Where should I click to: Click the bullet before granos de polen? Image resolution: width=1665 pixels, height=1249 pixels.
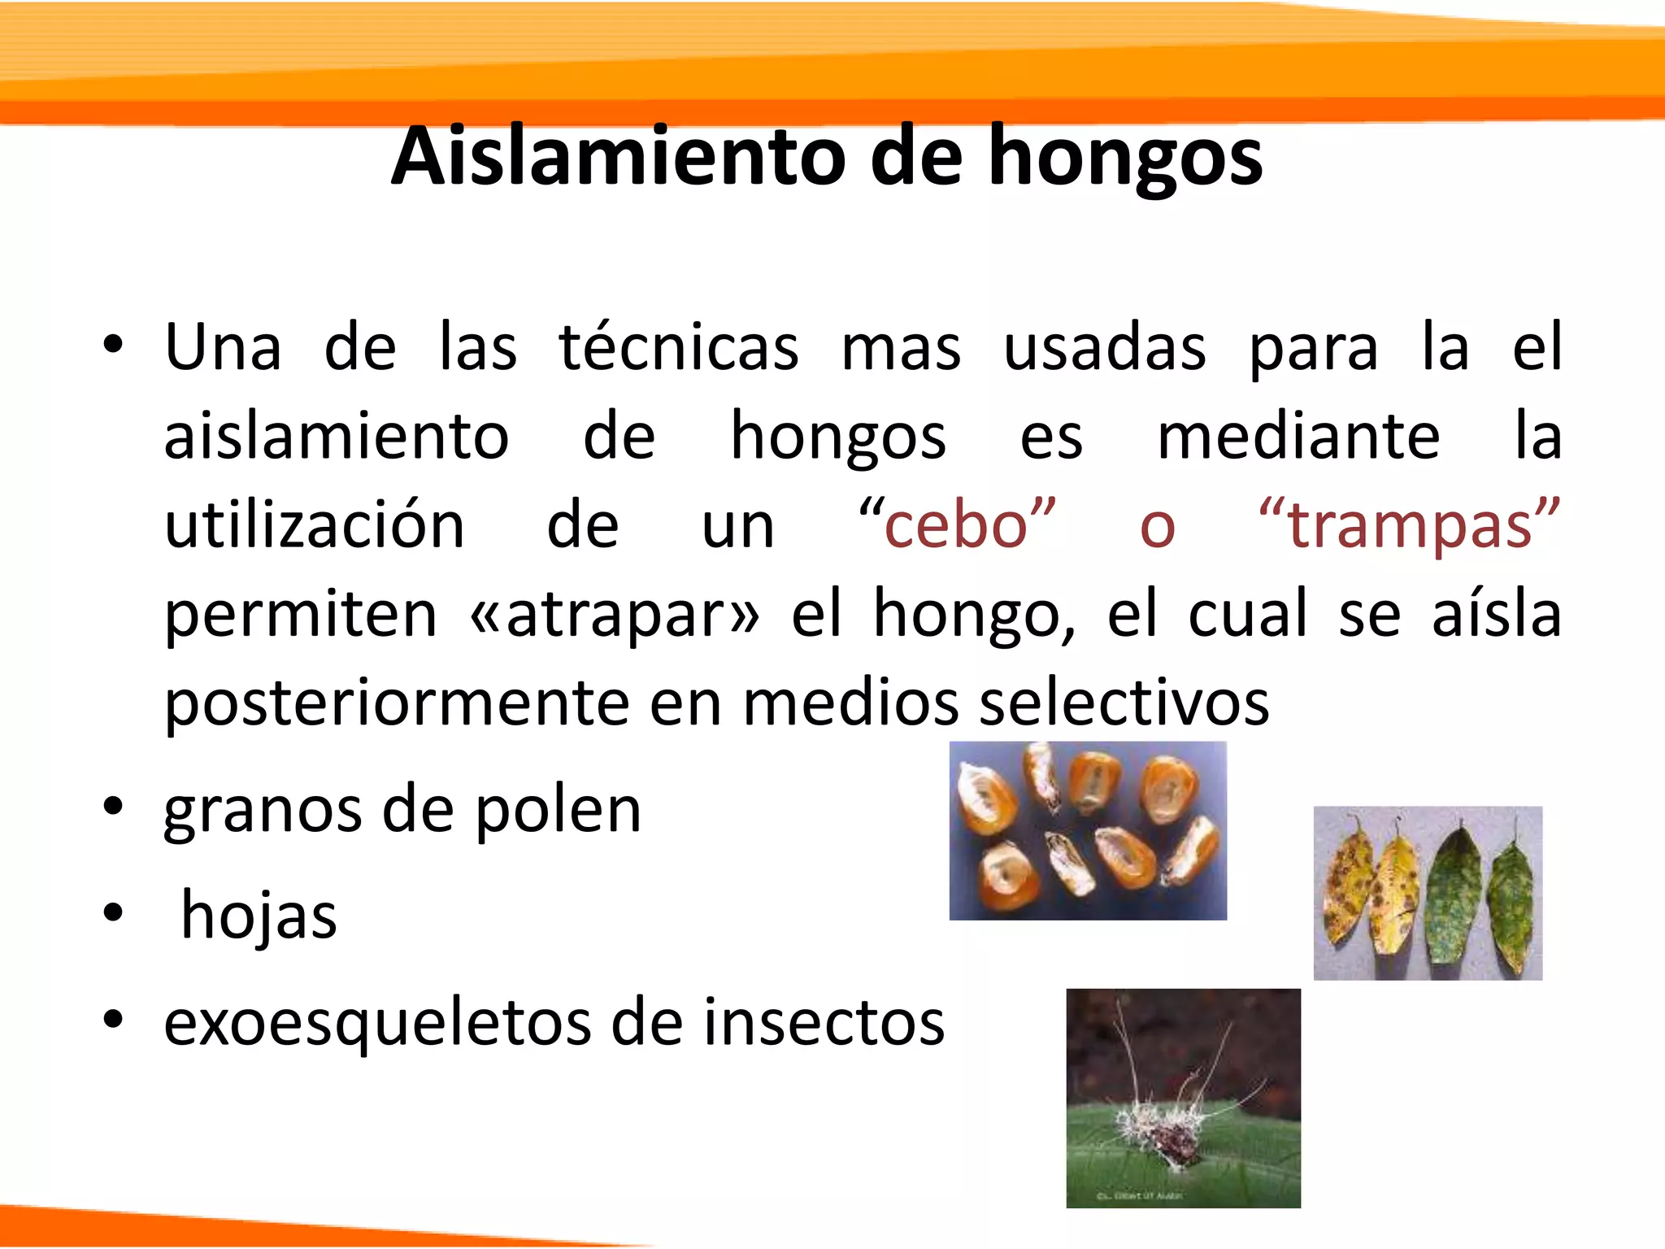[x=113, y=807]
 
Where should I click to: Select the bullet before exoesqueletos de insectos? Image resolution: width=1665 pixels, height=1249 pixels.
[x=113, y=1019]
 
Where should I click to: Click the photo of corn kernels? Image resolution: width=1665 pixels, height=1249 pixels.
[x=1088, y=830]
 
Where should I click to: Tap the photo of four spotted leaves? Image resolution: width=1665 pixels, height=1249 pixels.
[x=1428, y=893]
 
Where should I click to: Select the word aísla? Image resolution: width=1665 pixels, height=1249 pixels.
[x=1496, y=614]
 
